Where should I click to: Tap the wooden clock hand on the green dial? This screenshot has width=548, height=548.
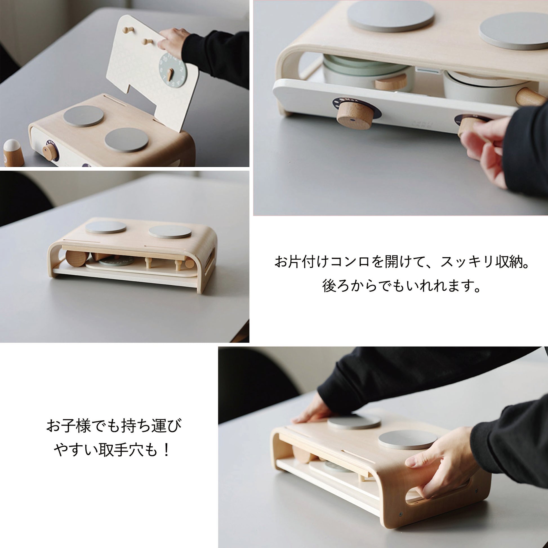click(x=170, y=74)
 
